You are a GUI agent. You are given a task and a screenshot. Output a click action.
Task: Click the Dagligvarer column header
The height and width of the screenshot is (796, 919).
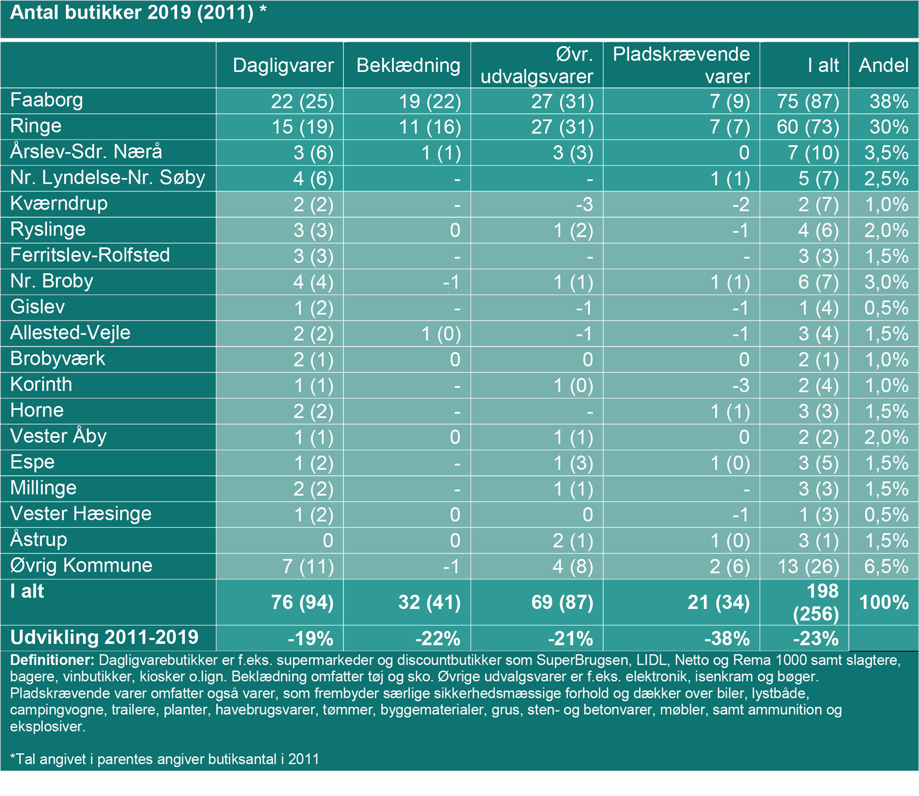click(x=283, y=66)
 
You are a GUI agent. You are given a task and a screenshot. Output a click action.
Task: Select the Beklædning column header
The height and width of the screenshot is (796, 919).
click(x=408, y=66)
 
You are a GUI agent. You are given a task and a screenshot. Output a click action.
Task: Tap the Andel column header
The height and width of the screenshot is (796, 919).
click(x=883, y=66)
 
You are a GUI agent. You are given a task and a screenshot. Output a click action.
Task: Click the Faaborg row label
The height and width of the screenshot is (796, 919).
click(x=46, y=101)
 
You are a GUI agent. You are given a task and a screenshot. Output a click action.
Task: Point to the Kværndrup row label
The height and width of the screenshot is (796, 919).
click(x=59, y=204)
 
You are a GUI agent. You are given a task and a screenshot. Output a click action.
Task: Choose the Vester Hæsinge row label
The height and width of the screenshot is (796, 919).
click(x=80, y=514)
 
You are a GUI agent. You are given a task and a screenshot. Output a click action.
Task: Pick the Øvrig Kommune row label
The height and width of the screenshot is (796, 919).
click(x=81, y=566)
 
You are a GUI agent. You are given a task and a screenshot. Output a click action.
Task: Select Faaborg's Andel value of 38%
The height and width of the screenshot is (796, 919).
click(x=888, y=101)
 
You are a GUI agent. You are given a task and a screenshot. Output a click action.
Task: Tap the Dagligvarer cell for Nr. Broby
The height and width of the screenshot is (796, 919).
click(x=313, y=282)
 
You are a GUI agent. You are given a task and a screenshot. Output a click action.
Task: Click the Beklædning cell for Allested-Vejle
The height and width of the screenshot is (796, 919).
click(x=440, y=334)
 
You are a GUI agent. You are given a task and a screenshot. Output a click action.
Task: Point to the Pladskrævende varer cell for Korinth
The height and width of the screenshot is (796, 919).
click(x=740, y=385)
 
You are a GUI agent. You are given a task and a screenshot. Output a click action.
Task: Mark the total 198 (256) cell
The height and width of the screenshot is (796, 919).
click(x=816, y=602)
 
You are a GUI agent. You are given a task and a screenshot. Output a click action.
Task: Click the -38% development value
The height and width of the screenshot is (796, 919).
click(x=727, y=639)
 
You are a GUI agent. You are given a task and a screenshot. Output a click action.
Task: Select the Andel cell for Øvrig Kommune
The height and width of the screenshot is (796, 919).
click(x=886, y=566)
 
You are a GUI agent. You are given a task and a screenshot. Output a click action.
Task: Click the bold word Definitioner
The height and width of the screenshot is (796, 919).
click(x=52, y=661)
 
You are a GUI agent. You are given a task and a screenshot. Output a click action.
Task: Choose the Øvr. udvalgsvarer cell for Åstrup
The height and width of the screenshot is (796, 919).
click(x=572, y=540)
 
